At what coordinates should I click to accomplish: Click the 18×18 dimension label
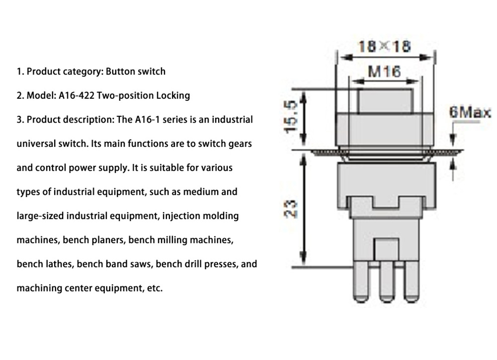[385, 46]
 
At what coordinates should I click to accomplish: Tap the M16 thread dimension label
[384, 72]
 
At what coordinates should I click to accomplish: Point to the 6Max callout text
[470, 112]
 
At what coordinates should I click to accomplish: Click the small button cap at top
[385, 101]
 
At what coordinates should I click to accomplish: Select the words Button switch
[135, 72]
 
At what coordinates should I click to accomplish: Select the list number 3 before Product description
[19, 120]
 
